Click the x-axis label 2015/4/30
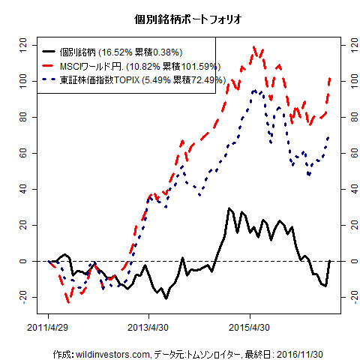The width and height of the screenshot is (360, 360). [x=250, y=328]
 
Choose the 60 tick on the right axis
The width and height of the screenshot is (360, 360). [x=346, y=153]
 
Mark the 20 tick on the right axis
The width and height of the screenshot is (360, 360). [x=346, y=225]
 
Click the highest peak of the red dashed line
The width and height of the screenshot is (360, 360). [x=255, y=46]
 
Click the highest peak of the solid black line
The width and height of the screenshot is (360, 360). [x=229, y=208]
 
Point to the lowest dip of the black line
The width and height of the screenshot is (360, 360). [x=166, y=298]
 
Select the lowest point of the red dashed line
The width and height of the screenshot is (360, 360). [x=68, y=302]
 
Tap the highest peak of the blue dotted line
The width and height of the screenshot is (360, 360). [x=255, y=90]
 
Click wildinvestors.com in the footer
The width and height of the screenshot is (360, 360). [x=109, y=353]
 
